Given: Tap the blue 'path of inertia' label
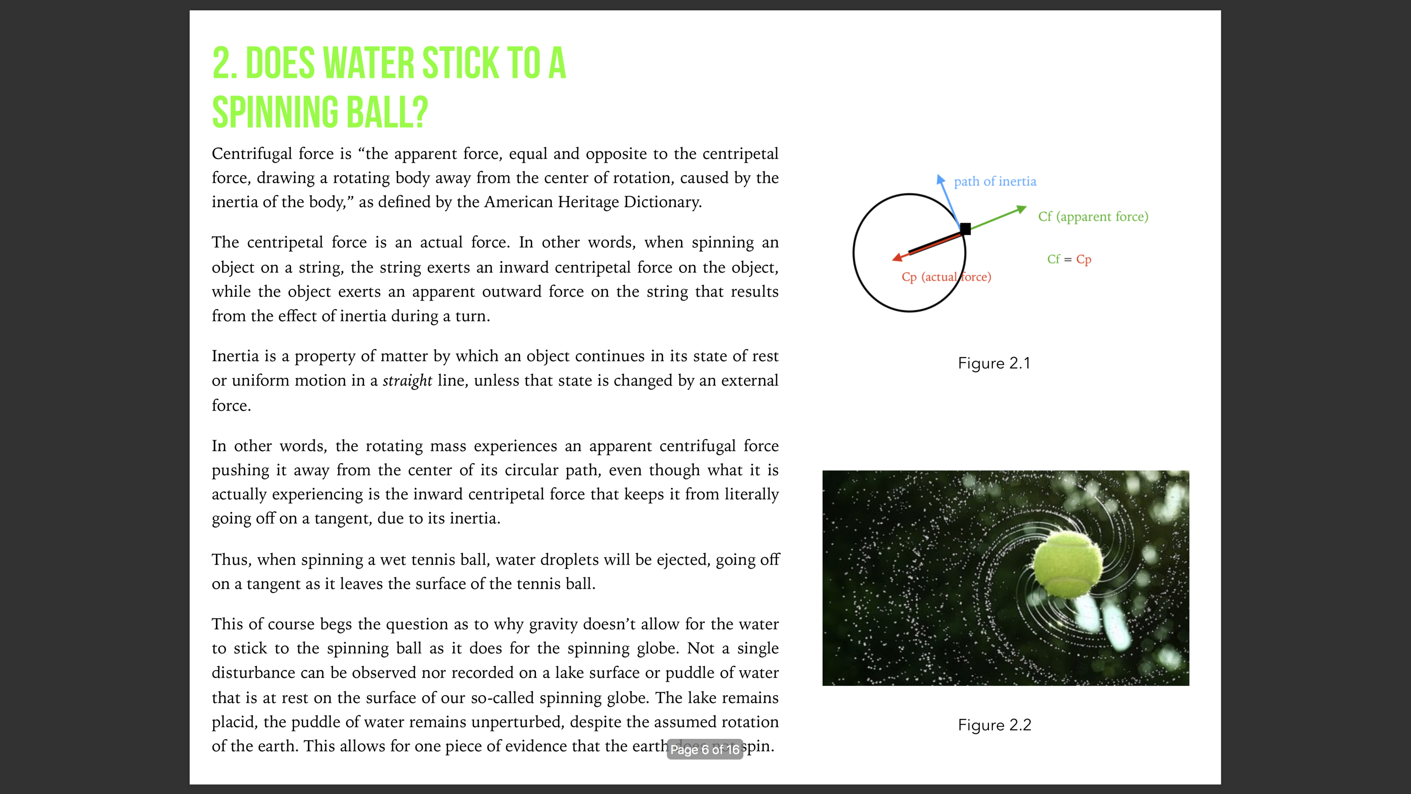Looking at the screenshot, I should point(995,181).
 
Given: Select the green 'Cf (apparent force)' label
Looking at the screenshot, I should point(1093,216).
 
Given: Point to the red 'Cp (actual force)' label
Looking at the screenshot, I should point(946,277).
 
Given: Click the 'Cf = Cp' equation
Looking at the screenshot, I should point(1069,259).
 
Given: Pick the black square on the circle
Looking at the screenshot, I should point(965,228).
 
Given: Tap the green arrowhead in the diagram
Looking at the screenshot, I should point(1021,209).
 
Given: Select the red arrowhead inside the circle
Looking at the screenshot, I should point(897,257).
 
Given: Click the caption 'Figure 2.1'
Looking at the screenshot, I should point(993,363).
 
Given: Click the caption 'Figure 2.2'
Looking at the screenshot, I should point(994,725).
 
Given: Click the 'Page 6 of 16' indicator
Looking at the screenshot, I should point(704,749).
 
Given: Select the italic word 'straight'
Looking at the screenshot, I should point(407,380).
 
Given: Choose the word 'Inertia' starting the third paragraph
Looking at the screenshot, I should point(236,356).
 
